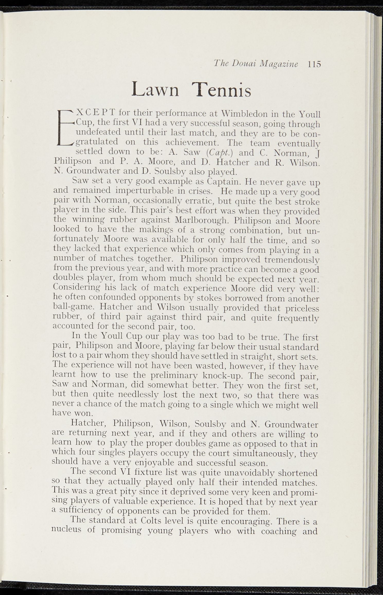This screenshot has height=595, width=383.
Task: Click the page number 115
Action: click(315, 64)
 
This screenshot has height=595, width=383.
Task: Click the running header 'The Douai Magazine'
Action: click(256, 64)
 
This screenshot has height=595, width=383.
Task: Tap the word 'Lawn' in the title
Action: click(155, 90)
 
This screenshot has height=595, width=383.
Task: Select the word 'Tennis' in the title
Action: click(223, 90)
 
